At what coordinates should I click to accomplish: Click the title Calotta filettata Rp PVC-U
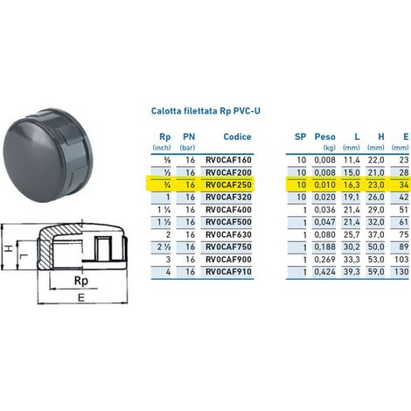coord(205,111)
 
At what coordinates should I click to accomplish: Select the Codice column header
coord(237,136)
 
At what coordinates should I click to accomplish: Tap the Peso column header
coord(324,136)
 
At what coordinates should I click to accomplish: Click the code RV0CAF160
coord(228,160)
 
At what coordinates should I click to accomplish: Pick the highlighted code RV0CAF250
coord(228,185)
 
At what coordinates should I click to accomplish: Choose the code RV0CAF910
coord(228,272)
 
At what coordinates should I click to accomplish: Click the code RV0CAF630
coord(228,234)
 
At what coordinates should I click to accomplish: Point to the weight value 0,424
coord(324,272)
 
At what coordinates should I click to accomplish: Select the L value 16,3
coord(352,185)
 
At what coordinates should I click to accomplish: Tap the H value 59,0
coord(376,272)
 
